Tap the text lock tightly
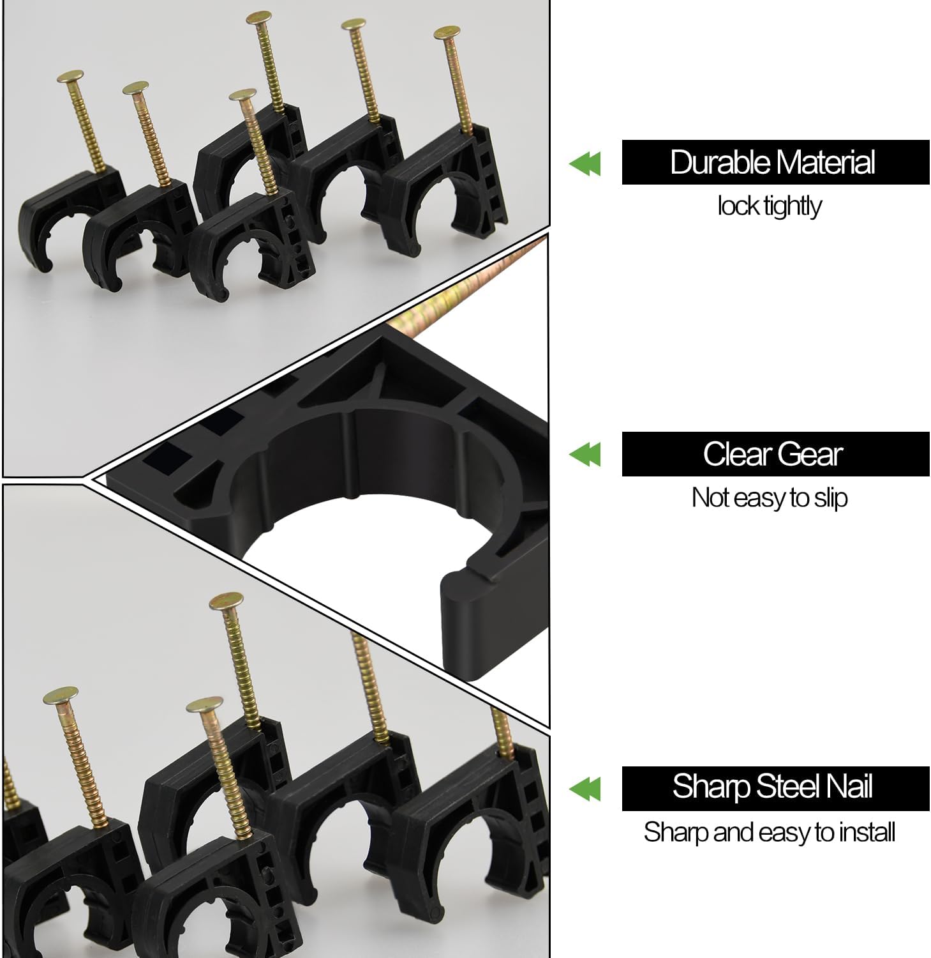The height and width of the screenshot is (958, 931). (770, 206)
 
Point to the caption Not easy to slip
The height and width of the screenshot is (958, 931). (770, 498)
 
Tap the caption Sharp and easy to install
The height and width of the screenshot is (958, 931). (770, 832)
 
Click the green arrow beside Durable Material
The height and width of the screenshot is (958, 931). (585, 164)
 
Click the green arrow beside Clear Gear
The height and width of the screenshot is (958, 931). (585, 455)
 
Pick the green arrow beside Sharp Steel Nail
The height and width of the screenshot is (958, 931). (585, 789)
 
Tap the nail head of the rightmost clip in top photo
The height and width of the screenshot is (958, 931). (447, 33)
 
